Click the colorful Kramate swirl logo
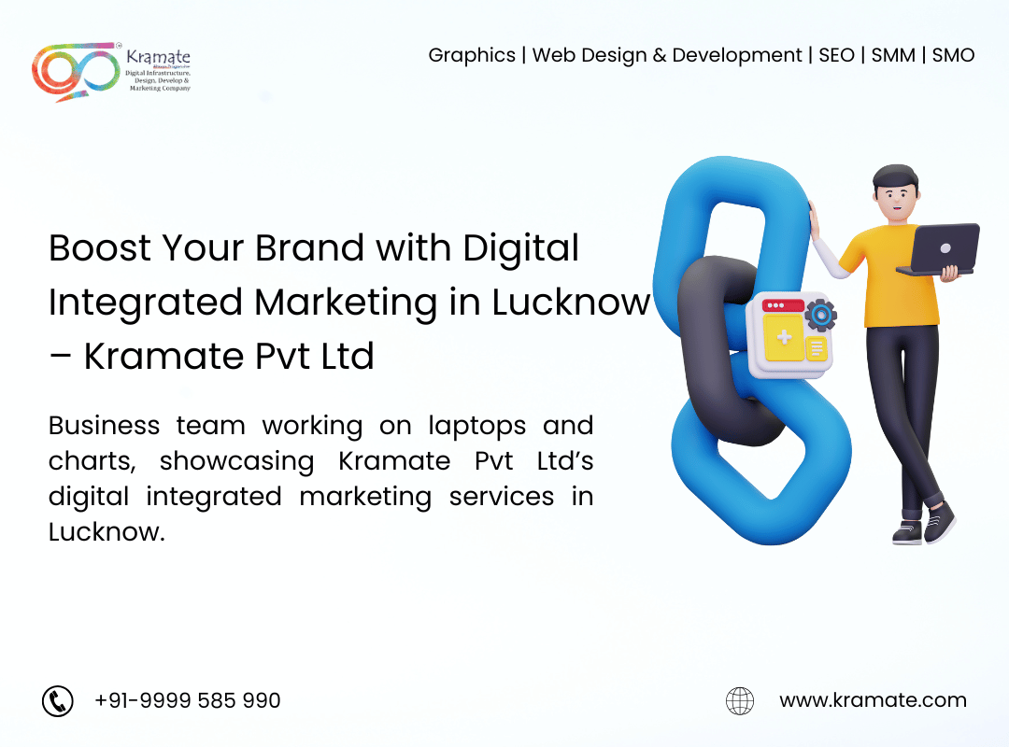click(76, 71)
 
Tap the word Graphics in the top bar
click(472, 56)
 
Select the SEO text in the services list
click(836, 55)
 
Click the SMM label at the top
click(893, 55)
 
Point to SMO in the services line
click(953, 55)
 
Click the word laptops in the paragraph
click(476, 427)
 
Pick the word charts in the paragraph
click(92, 461)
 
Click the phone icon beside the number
click(58, 700)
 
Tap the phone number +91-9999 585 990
click(187, 700)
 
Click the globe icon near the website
click(740, 700)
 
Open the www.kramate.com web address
click(873, 700)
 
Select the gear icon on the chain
click(820, 316)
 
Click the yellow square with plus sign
click(784, 337)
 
